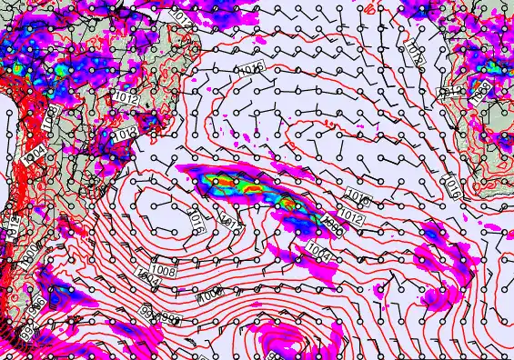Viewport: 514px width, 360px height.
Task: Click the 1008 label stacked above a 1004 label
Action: pyautogui.click(x=164, y=270)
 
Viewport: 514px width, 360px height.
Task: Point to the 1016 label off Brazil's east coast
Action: pyautogui.click(x=251, y=69)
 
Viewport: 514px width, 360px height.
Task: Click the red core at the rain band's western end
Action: pyautogui.click(x=219, y=181)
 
